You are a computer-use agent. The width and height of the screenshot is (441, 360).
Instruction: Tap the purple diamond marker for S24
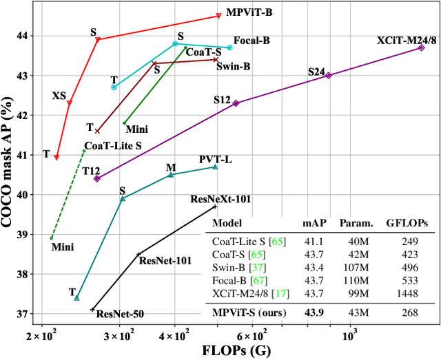click(328, 76)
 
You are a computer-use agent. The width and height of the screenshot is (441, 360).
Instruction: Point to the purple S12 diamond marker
click(236, 103)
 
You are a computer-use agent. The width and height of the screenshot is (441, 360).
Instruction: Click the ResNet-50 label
click(120, 315)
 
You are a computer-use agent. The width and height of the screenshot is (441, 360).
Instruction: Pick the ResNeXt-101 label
click(220, 199)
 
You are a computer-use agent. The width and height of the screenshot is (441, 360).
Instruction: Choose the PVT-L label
click(216, 160)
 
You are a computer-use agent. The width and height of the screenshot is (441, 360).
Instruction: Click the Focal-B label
click(252, 41)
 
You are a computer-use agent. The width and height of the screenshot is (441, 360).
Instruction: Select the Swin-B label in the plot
click(234, 66)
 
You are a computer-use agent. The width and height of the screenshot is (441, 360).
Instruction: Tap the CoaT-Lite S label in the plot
click(113, 146)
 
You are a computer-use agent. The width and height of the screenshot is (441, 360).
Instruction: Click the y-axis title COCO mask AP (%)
click(11, 161)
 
